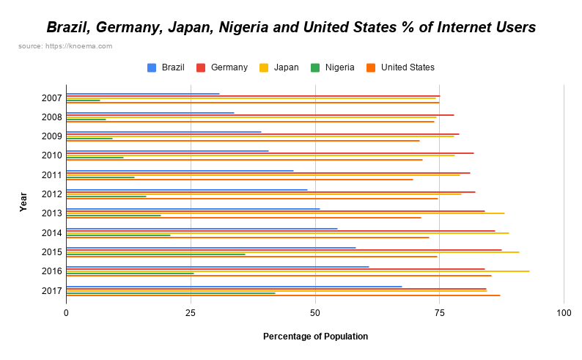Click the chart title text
point(291,28)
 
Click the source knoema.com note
point(65,46)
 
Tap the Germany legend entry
point(222,67)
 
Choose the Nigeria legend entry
point(333,67)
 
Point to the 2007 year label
point(51,98)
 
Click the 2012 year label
point(51,194)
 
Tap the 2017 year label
point(51,290)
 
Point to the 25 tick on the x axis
point(191,313)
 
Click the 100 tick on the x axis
point(564,313)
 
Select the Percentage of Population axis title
point(315,337)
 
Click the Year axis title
point(23,202)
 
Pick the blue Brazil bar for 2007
point(143,94)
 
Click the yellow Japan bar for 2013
point(285,213)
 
